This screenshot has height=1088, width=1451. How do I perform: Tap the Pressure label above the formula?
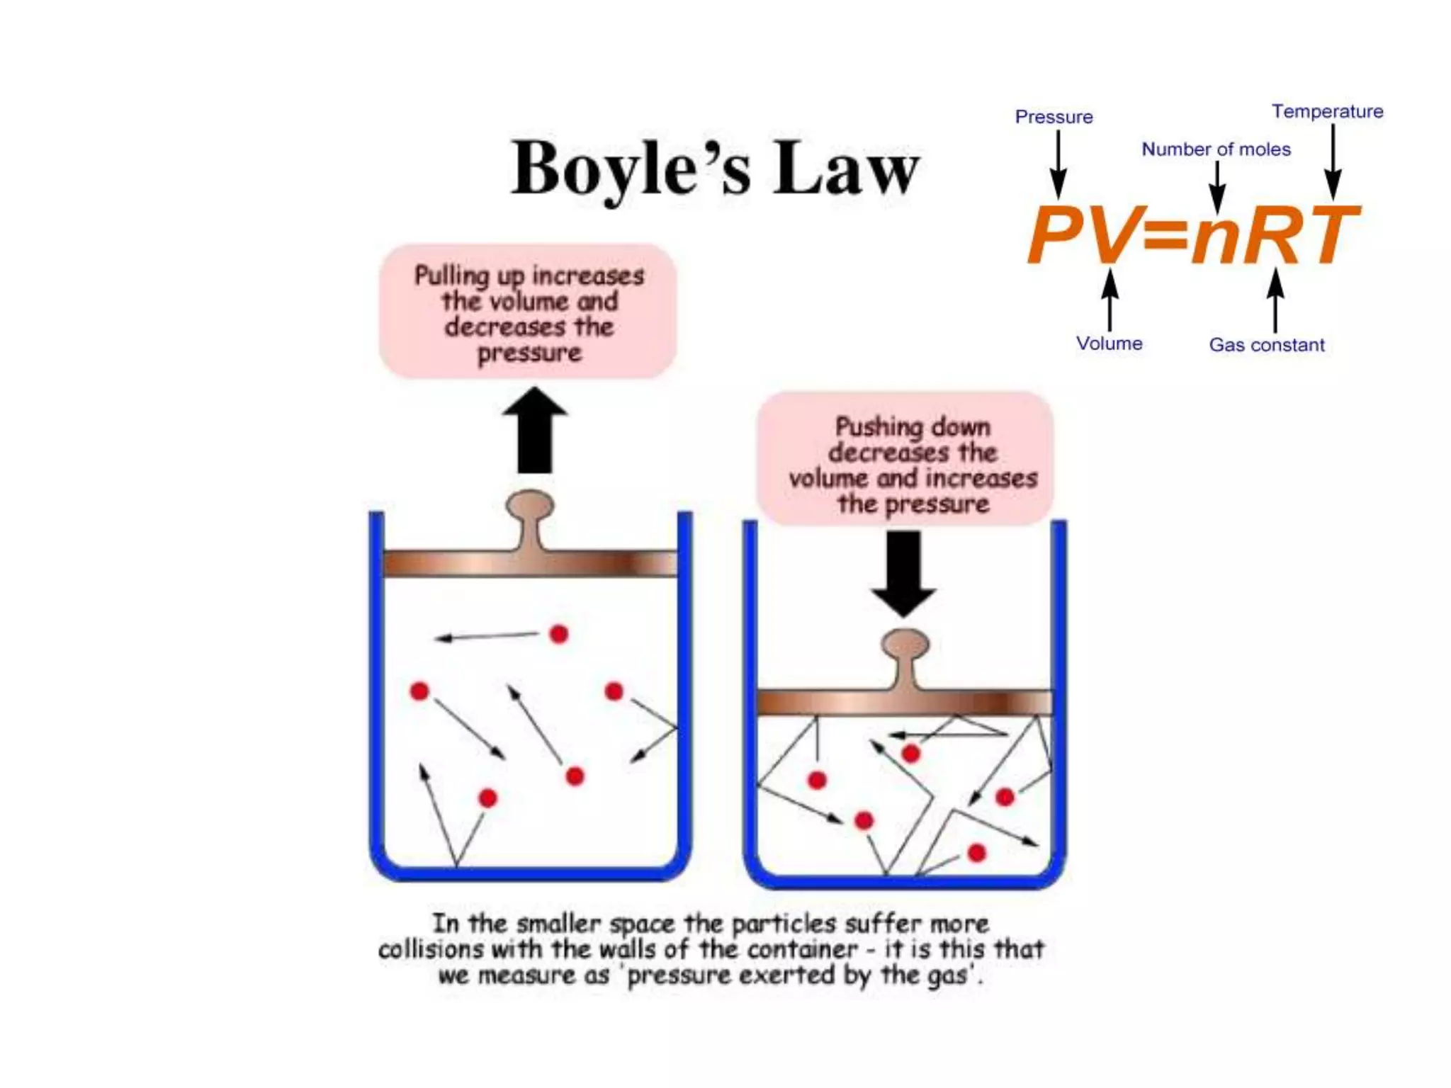pos(1054,117)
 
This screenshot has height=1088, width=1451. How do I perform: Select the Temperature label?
pos(1327,111)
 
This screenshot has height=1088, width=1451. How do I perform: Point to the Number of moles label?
pos(1216,149)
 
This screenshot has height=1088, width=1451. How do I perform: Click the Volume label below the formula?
pos(1109,344)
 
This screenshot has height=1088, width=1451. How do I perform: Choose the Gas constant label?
pos(1266,345)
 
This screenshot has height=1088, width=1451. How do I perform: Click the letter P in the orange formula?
pos(1060,234)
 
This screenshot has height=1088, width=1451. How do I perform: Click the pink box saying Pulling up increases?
pos(528,312)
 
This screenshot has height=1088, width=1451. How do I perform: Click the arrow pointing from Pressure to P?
pos(1058,164)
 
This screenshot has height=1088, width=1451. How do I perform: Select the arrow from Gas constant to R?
pos(1275,300)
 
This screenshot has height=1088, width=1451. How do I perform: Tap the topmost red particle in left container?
pos(559,634)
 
